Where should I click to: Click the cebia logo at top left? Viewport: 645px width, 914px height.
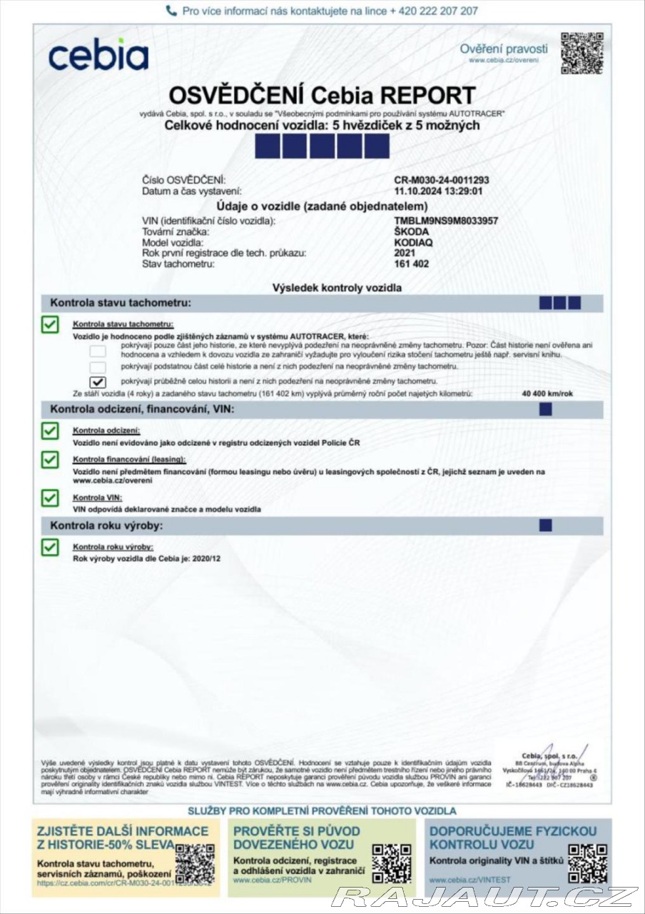pos(98,55)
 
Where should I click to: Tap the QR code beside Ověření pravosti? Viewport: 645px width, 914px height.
pos(581,53)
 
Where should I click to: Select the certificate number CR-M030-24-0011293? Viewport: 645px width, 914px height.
pos(442,181)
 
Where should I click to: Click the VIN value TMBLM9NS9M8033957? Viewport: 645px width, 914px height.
pos(446,221)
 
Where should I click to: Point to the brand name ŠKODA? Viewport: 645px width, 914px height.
pos(412,232)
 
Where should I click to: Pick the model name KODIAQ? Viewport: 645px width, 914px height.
pos(413,243)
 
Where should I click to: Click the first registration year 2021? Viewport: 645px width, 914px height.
pos(405,253)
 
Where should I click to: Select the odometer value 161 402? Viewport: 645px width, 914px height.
pos(412,263)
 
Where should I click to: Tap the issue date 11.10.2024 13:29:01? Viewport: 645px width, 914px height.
pos(438,191)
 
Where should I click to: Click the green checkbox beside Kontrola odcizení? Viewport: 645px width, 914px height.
pos(50,431)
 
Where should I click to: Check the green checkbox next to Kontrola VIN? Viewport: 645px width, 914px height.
pos(50,498)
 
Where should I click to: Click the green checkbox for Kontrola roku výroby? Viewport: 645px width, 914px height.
pos(50,547)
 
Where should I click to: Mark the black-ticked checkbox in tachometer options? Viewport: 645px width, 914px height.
pos(98,382)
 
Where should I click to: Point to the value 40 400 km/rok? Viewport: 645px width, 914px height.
pos(548,393)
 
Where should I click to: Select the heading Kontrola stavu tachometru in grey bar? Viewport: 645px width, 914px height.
pos(121,303)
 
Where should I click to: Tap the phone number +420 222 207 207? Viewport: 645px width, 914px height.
pos(434,11)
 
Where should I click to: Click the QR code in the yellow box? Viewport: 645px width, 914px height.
pos(195,864)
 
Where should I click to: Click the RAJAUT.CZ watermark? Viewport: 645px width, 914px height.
pos(485,897)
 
